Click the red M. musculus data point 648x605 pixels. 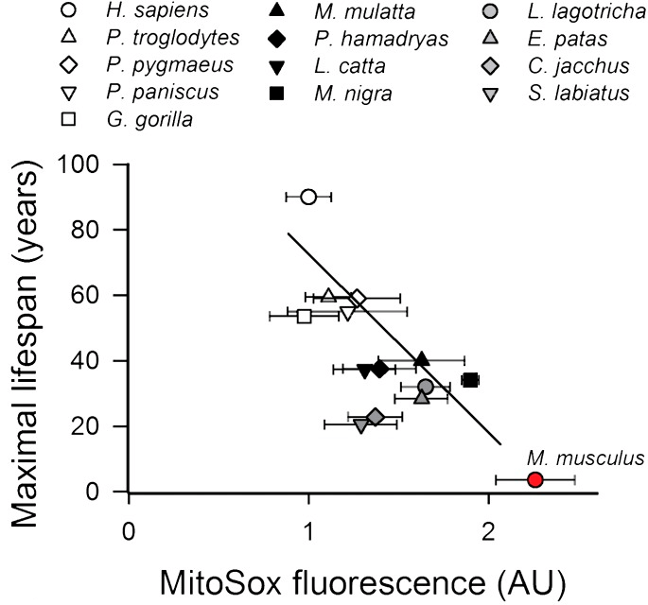point(535,480)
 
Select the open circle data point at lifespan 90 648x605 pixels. point(308,197)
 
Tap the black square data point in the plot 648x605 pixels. point(470,380)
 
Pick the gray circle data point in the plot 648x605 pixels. point(426,387)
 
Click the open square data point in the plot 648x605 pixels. point(304,316)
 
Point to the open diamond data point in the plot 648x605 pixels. point(358,299)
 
